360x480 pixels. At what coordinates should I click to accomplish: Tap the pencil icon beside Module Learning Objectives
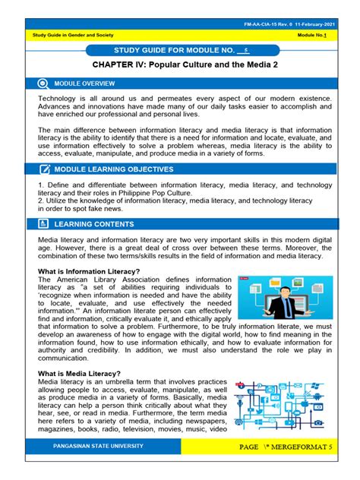39,169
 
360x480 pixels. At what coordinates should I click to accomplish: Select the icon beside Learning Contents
39,225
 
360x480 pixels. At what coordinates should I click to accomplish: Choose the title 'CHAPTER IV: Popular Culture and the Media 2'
179,66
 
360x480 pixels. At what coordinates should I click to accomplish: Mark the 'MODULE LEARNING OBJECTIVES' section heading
112,169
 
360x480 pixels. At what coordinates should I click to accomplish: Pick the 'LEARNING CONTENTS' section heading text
94,225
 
